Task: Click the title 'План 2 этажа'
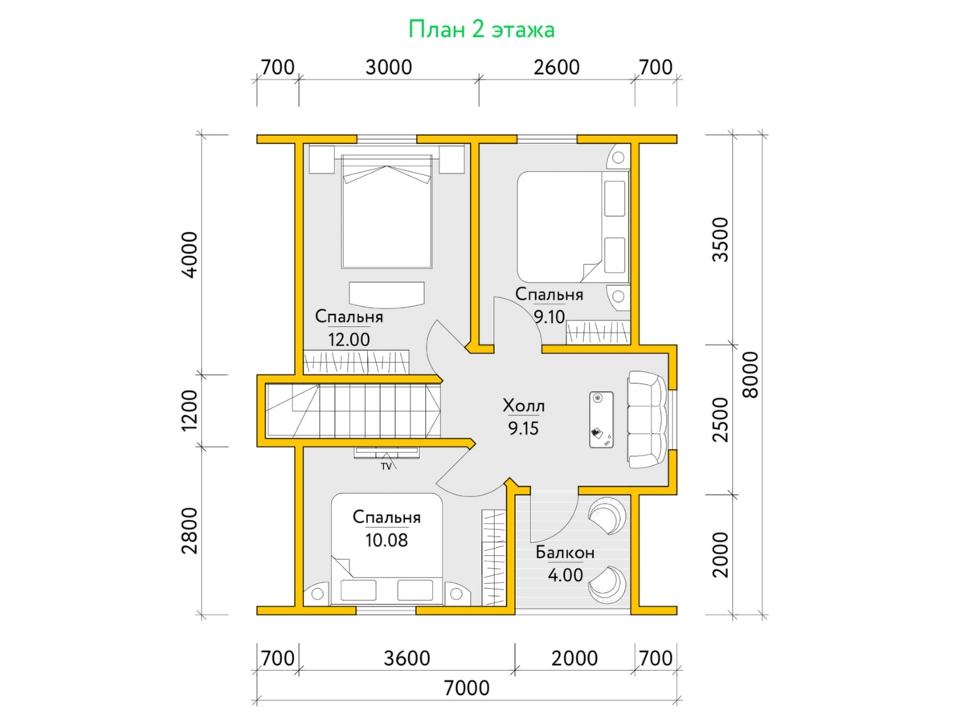[x=481, y=30]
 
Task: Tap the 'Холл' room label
[x=524, y=406]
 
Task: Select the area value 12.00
[x=349, y=339]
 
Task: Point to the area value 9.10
[x=549, y=317]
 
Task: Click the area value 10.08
[x=386, y=540]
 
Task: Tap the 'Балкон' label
[x=565, y=552]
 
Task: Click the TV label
[x=386, y=467]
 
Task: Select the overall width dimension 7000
[x=467, y=688]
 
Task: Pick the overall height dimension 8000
[x=750, y=374]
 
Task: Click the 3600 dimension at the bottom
[x=406, y=659]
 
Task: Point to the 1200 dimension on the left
[x=190, y=411]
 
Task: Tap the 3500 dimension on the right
[x=721, y=239]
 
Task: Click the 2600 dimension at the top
[x=557, y=67]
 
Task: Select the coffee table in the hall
[x=601, y=419]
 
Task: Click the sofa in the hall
[x=647, y=419]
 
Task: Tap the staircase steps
[x=353, y=411]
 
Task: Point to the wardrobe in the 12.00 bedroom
[x=356, y=361]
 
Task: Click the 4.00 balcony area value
[x=566, y=574]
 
